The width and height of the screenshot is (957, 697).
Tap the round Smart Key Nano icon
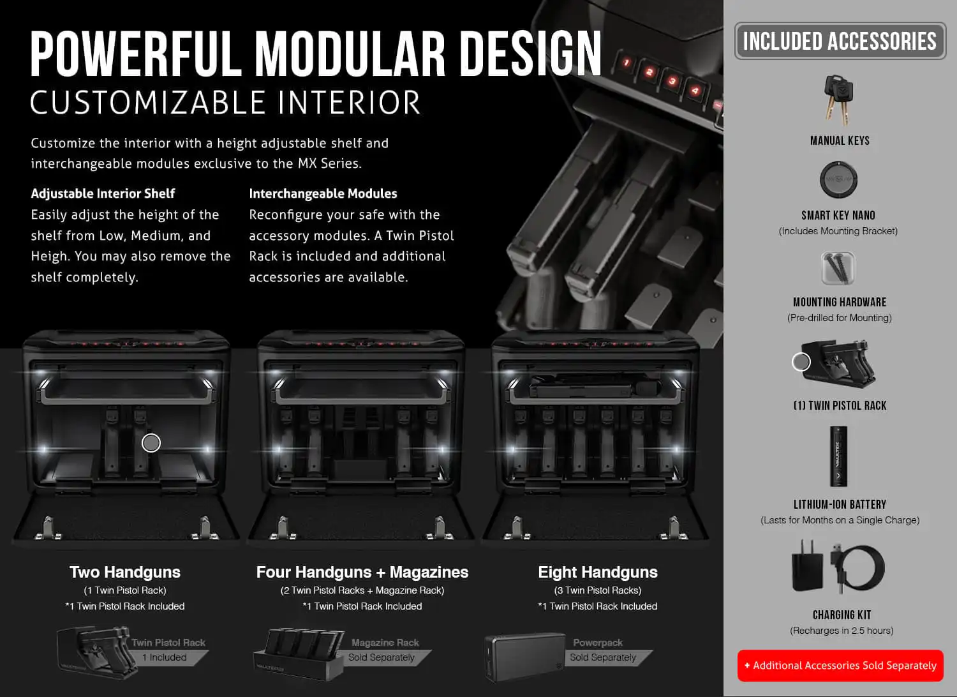[838, 179]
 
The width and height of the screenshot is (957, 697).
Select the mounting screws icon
[838, 268]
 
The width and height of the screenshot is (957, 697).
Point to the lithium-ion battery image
[838, 456]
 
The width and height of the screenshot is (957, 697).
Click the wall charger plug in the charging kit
[808, 566]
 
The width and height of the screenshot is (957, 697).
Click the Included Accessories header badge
[840, 41]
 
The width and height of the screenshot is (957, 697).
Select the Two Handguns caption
[125, 572]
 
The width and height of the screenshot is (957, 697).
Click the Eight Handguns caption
[598, 572]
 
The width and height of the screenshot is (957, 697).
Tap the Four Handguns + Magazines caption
[362, 572]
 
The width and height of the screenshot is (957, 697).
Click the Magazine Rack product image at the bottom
[299, 654]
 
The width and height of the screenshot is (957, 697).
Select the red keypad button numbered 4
[695, 91]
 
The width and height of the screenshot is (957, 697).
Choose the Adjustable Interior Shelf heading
[103, 193]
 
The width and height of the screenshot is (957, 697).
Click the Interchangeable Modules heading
[323, 193]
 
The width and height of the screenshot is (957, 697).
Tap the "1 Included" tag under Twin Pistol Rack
[165, 657]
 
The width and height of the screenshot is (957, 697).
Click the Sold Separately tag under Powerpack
[603, 657]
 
